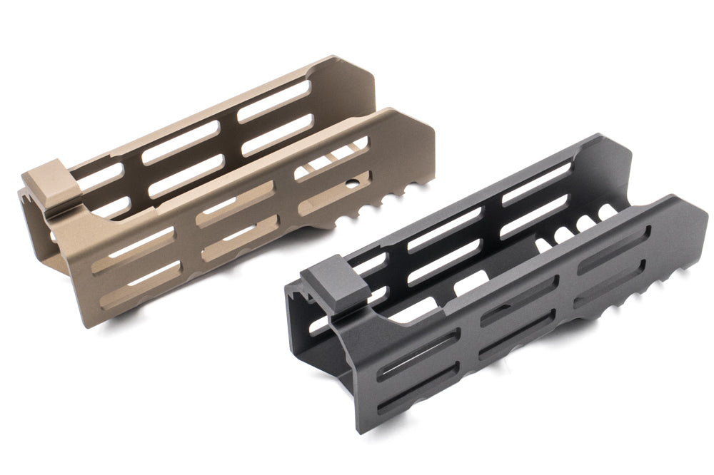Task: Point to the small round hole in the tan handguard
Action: pos(353,188)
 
